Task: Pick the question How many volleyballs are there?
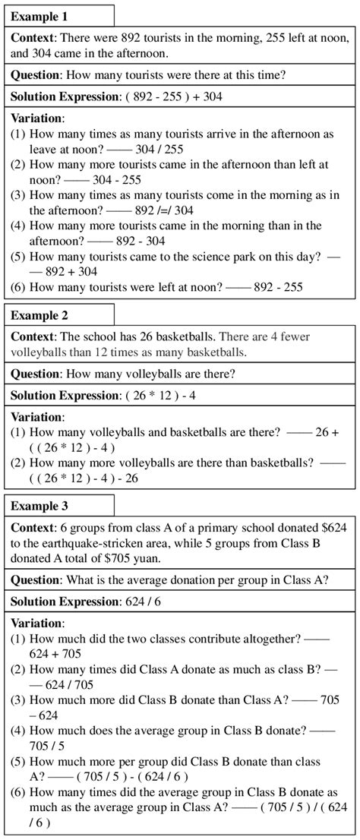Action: pyautogui.click(x=150, y=373)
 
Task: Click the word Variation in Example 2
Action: pyautogui.click(x=37, y=416)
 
